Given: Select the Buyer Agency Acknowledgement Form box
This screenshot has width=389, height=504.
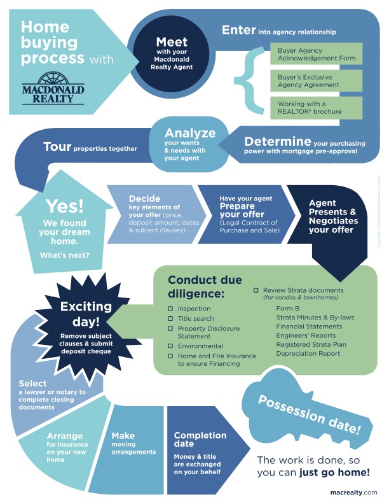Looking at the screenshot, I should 315,54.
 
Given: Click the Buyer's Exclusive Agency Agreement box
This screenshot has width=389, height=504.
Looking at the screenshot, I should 315,81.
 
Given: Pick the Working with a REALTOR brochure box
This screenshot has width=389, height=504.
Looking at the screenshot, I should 315,108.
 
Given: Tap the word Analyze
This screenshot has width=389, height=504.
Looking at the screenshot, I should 190,133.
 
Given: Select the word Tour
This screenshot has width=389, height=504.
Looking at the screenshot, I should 57,147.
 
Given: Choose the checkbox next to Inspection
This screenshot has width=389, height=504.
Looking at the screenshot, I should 170,309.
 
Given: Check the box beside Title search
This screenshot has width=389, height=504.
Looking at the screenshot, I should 170,318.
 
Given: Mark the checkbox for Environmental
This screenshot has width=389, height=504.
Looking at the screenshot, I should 170,346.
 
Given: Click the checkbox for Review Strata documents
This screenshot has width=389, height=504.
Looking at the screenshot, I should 256,290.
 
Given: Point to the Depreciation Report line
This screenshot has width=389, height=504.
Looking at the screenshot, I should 308,353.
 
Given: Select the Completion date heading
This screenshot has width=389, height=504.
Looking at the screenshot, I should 200,440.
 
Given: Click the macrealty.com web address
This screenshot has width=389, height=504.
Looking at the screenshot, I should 354,492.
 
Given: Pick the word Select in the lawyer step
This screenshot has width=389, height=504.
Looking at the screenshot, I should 33,384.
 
